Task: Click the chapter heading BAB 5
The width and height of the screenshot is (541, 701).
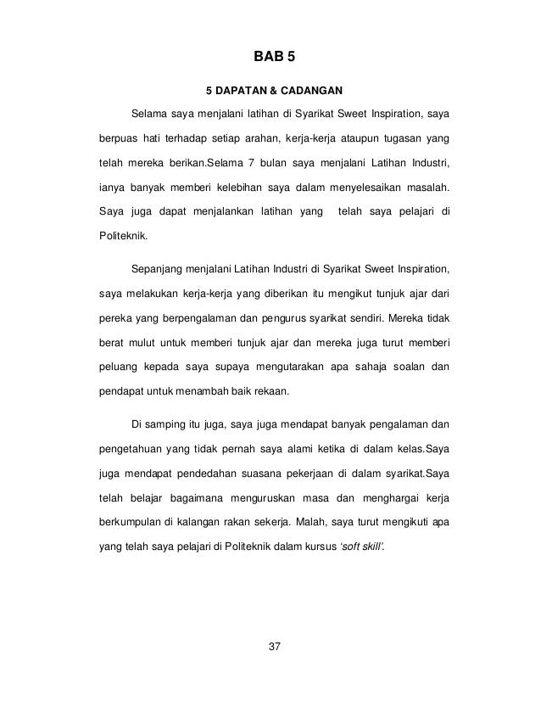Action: [271, 58]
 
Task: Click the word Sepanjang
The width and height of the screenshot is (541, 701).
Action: [159, 270]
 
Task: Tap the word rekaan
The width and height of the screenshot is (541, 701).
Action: [271, 392]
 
